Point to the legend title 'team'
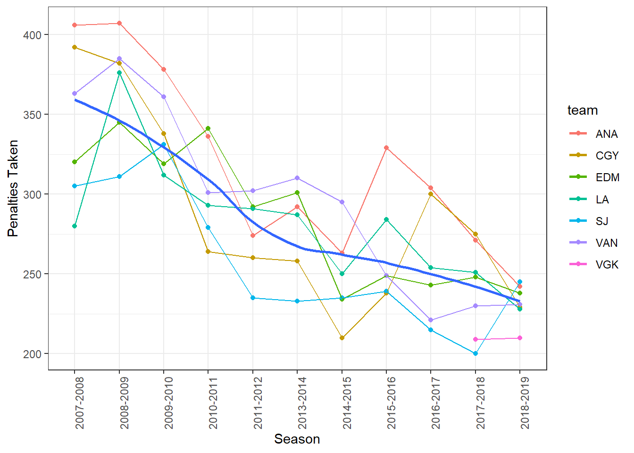(x=583, y=110)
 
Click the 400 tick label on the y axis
(x=32, y=35)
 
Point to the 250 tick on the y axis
(x=32, y=274)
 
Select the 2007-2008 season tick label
(x=79, y=403)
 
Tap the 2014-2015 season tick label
(x=347, y=403)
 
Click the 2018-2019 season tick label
(x=525, y=403)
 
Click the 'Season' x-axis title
(x=297, y=439)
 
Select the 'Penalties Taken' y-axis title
(x=13, y=188)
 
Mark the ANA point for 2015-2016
(x=386, y=148)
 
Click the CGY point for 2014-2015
(x=342, y=338)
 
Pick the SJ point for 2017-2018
(x=475, y=353)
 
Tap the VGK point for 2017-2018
(x=475, y=339)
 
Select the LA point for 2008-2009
(x=119, y=73)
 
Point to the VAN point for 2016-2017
(x=431, y=320)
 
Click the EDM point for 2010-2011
(x=208, y=128)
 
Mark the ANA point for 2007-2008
(x=75, y=25)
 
